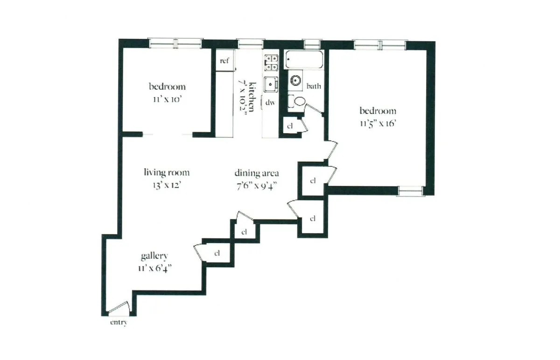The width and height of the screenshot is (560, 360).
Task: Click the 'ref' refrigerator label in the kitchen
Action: tap(224, 61)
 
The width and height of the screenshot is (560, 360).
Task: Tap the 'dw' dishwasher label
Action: tap(270, 102)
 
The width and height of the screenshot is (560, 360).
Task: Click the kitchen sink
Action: tap(270, 85)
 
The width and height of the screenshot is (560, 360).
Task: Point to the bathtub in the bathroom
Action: tap(303, 60)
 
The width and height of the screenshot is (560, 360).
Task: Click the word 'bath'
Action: tap(314, 86)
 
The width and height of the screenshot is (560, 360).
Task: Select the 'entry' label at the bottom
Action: tap(119, 323)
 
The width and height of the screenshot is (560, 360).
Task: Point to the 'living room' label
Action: tap(167, 173)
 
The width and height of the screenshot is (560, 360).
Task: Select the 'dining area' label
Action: tap(257, 173)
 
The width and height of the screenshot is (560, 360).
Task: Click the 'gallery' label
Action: tap(154, 256)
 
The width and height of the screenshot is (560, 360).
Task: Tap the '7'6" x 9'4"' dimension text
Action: tap(257, 185)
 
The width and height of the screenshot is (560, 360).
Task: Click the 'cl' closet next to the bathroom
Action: tap(290, 126)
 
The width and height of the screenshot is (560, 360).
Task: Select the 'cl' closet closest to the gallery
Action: tap(217, 254)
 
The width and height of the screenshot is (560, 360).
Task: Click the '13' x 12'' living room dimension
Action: tap(162, 185)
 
